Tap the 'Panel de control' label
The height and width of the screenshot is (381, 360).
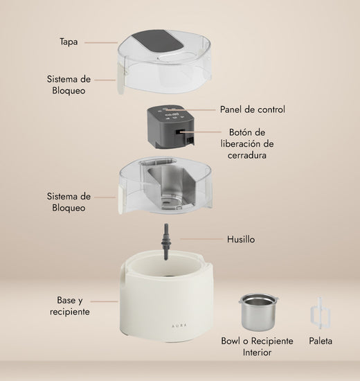(253, 109)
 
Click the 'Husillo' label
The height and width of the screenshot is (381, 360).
(242, 239)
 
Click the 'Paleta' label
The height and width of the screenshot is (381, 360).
(320, 342)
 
